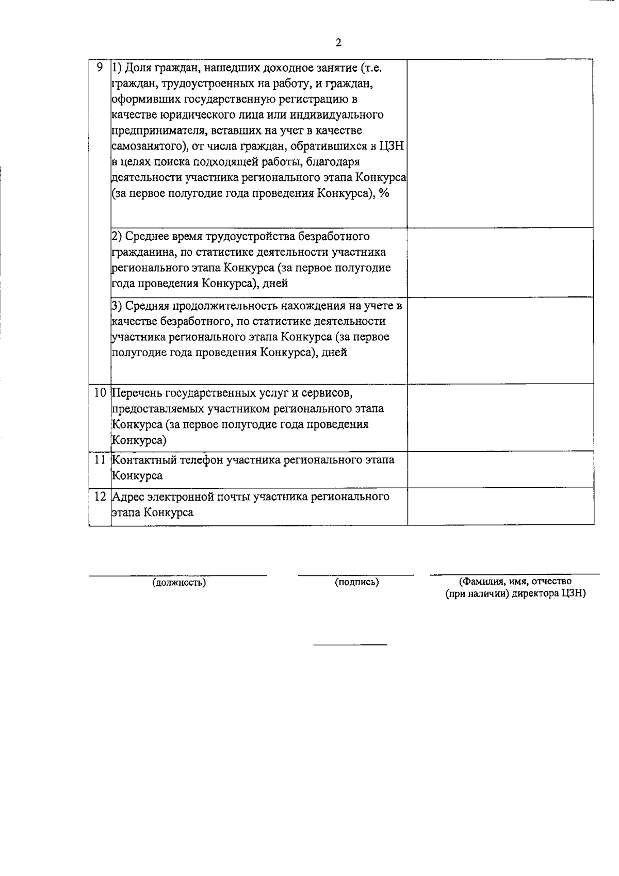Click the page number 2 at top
click(x=338, y=43)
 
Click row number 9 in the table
click(x=100, y=67)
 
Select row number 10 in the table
click(x=100, y=393)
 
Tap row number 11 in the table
click(x=100, y=459)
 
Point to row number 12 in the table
click(x=100, y=497)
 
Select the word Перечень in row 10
click(x=135, y=393)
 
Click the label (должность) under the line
click(x=179, y=583)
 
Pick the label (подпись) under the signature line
click(x=357, y=582)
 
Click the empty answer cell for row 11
click(x=500, y=469)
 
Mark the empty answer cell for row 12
click(x=500, y=506)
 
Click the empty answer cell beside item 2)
click(x=500, y=262)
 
